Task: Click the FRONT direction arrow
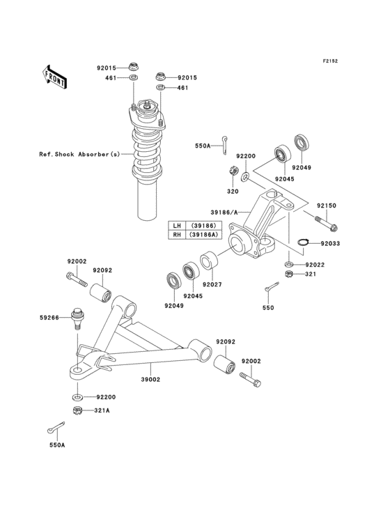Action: [54, 75]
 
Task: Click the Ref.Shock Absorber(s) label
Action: [79, 154]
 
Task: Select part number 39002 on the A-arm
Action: [151, 380]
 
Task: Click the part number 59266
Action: [49, 317]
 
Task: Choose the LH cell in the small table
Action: [177, 226]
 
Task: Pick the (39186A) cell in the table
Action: [201, 235]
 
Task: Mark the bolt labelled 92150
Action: [326, 224]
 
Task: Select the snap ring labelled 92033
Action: [302, 243]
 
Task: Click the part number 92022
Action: [313, 265]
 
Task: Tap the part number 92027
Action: [212, 284]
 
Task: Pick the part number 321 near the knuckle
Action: [311, 275]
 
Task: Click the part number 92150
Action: [327, 206]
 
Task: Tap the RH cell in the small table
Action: [177, 235]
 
